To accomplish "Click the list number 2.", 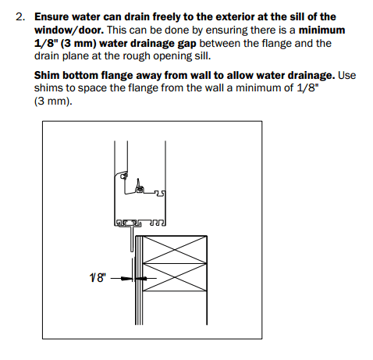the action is [20, 17].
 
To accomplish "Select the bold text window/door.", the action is [69, 30].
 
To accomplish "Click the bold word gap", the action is [186, 44].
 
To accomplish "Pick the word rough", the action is [137, 56].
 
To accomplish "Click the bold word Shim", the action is [47, 75].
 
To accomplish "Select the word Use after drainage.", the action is [346, 75].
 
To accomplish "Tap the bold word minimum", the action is [321, 30].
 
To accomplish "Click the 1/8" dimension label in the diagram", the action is [98, 278].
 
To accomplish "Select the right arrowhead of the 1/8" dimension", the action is [141, 279].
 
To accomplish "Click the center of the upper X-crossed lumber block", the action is [175, 250].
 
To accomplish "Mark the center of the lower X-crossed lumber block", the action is [175, 277].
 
